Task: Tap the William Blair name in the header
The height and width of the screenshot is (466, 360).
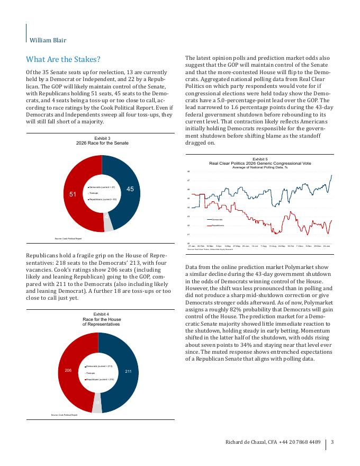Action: coord(48,40)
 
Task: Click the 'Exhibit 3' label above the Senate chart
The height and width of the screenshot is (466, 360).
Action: coord(102,138)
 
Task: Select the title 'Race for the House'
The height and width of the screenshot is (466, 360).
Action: coord(102,320)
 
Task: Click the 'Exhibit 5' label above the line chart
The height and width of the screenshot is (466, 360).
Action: coord(259,159)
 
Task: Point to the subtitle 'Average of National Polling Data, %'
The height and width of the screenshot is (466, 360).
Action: coord(259,167)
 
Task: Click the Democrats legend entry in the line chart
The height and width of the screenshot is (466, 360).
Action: coord(217,219)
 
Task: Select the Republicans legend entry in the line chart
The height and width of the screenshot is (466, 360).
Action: coord(218,225)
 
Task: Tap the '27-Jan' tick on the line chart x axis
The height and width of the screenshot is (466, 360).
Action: coord(192,246)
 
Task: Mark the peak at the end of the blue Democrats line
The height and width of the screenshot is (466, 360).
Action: coord(331,175)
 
